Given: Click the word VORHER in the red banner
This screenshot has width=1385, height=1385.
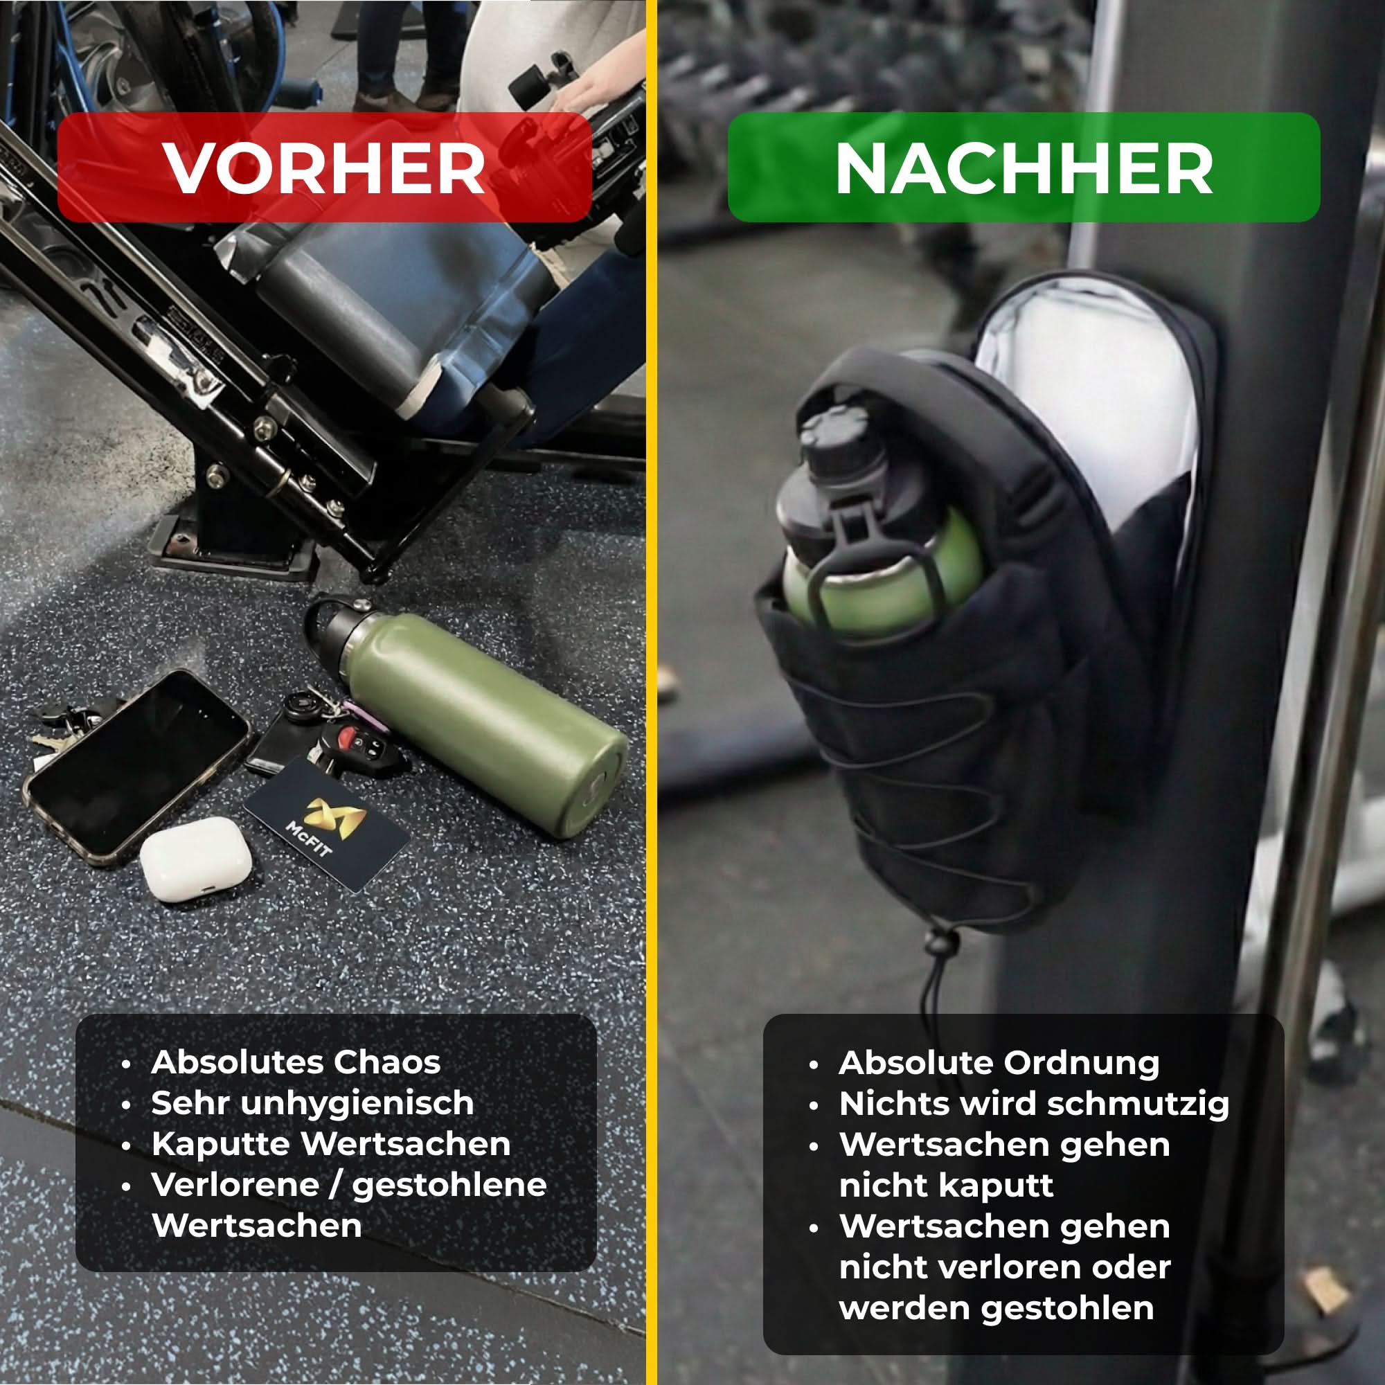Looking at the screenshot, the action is coord(324,168).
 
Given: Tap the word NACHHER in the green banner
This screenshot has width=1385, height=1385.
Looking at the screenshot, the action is coord(1024,168).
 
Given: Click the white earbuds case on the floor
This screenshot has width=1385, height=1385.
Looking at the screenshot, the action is coord(195,858).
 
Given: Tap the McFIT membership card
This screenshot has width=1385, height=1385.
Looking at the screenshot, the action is coord(326,823).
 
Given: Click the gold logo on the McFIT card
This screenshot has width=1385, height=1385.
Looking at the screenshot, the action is coord(334,817).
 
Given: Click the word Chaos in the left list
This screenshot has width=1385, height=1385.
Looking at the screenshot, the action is coord(387,1062).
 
